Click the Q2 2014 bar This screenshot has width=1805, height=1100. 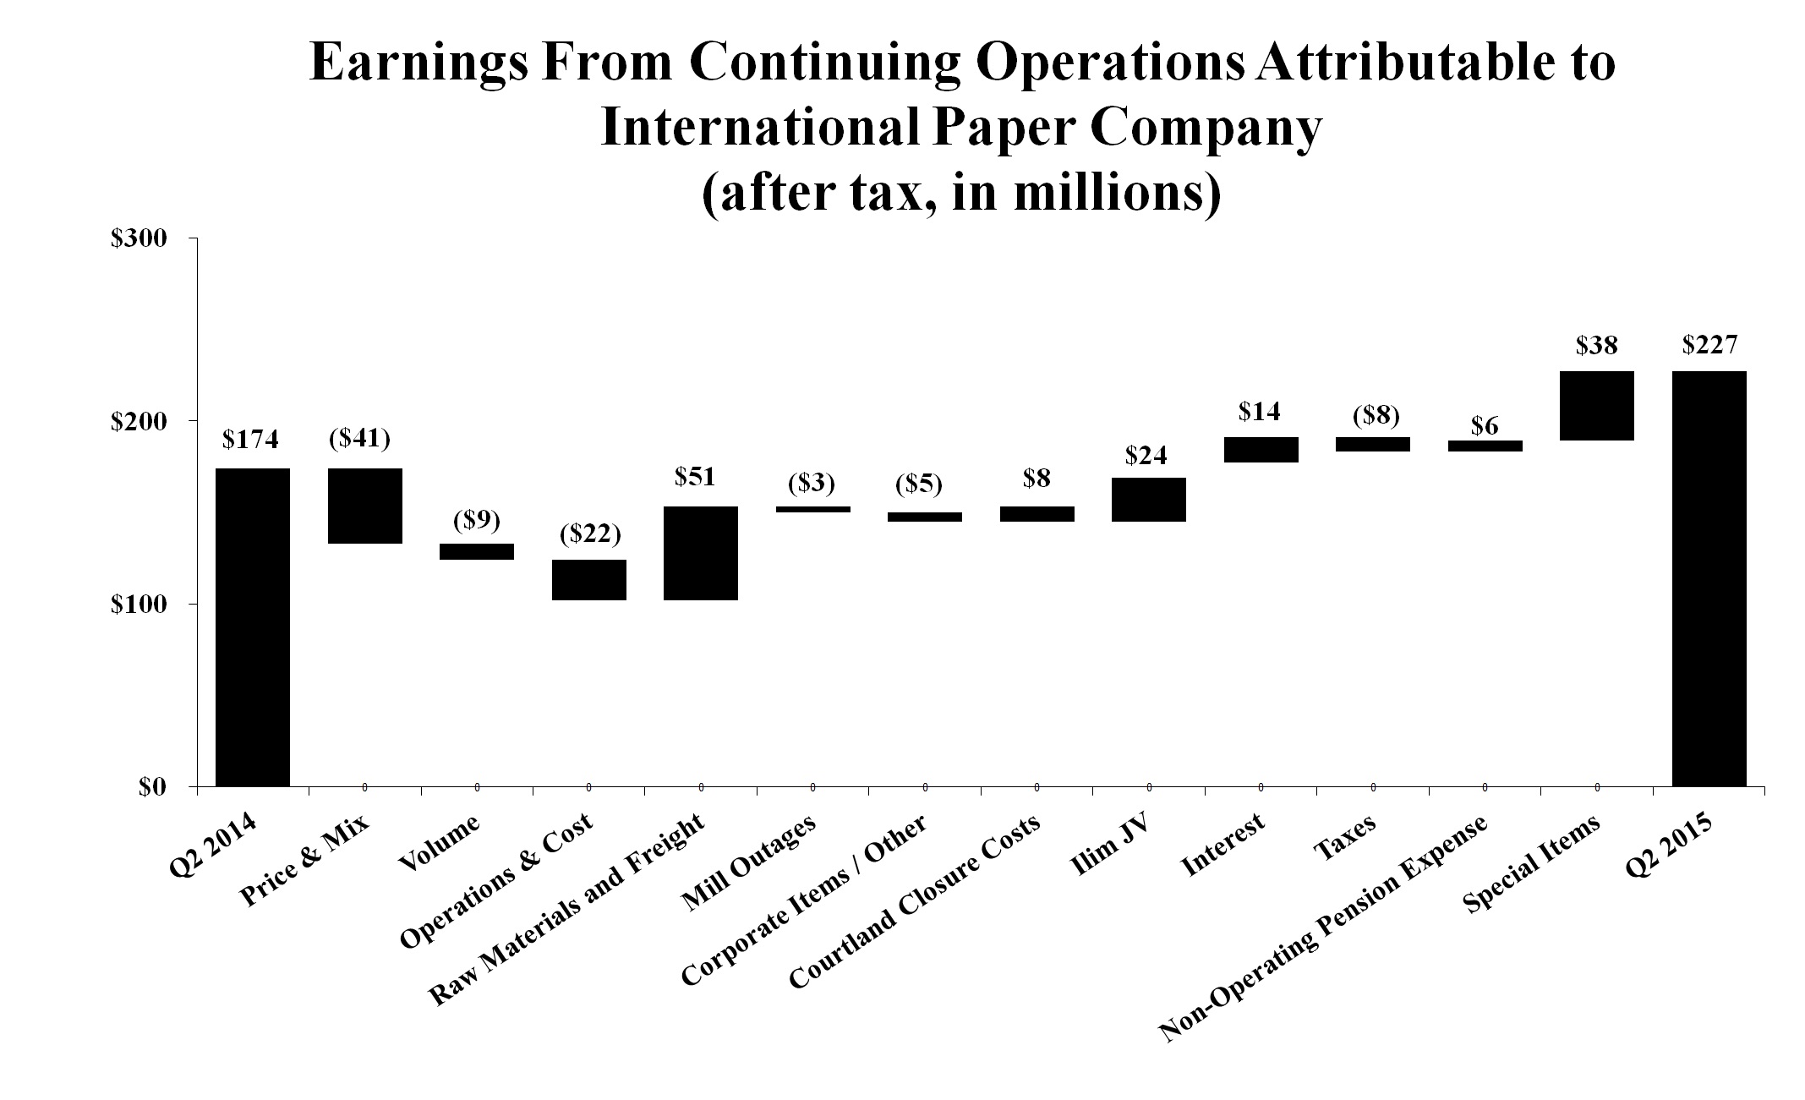[253, 627]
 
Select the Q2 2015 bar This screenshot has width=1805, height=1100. [1709, 578]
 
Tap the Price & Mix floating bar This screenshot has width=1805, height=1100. [365, 506]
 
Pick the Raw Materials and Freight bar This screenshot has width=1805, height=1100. [701, 553]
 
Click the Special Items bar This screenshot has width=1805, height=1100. [1596, 405]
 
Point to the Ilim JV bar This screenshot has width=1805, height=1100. [1148, 500]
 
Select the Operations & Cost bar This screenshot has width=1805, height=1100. [589, 579]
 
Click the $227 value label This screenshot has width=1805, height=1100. [1709, 345]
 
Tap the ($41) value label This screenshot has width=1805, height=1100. [359, 438]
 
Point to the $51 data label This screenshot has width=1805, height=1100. [695, 477]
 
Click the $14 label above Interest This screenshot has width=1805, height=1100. [1260, 412]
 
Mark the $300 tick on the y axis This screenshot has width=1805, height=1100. [139, 238]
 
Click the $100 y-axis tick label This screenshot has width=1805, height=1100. [139, 604]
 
